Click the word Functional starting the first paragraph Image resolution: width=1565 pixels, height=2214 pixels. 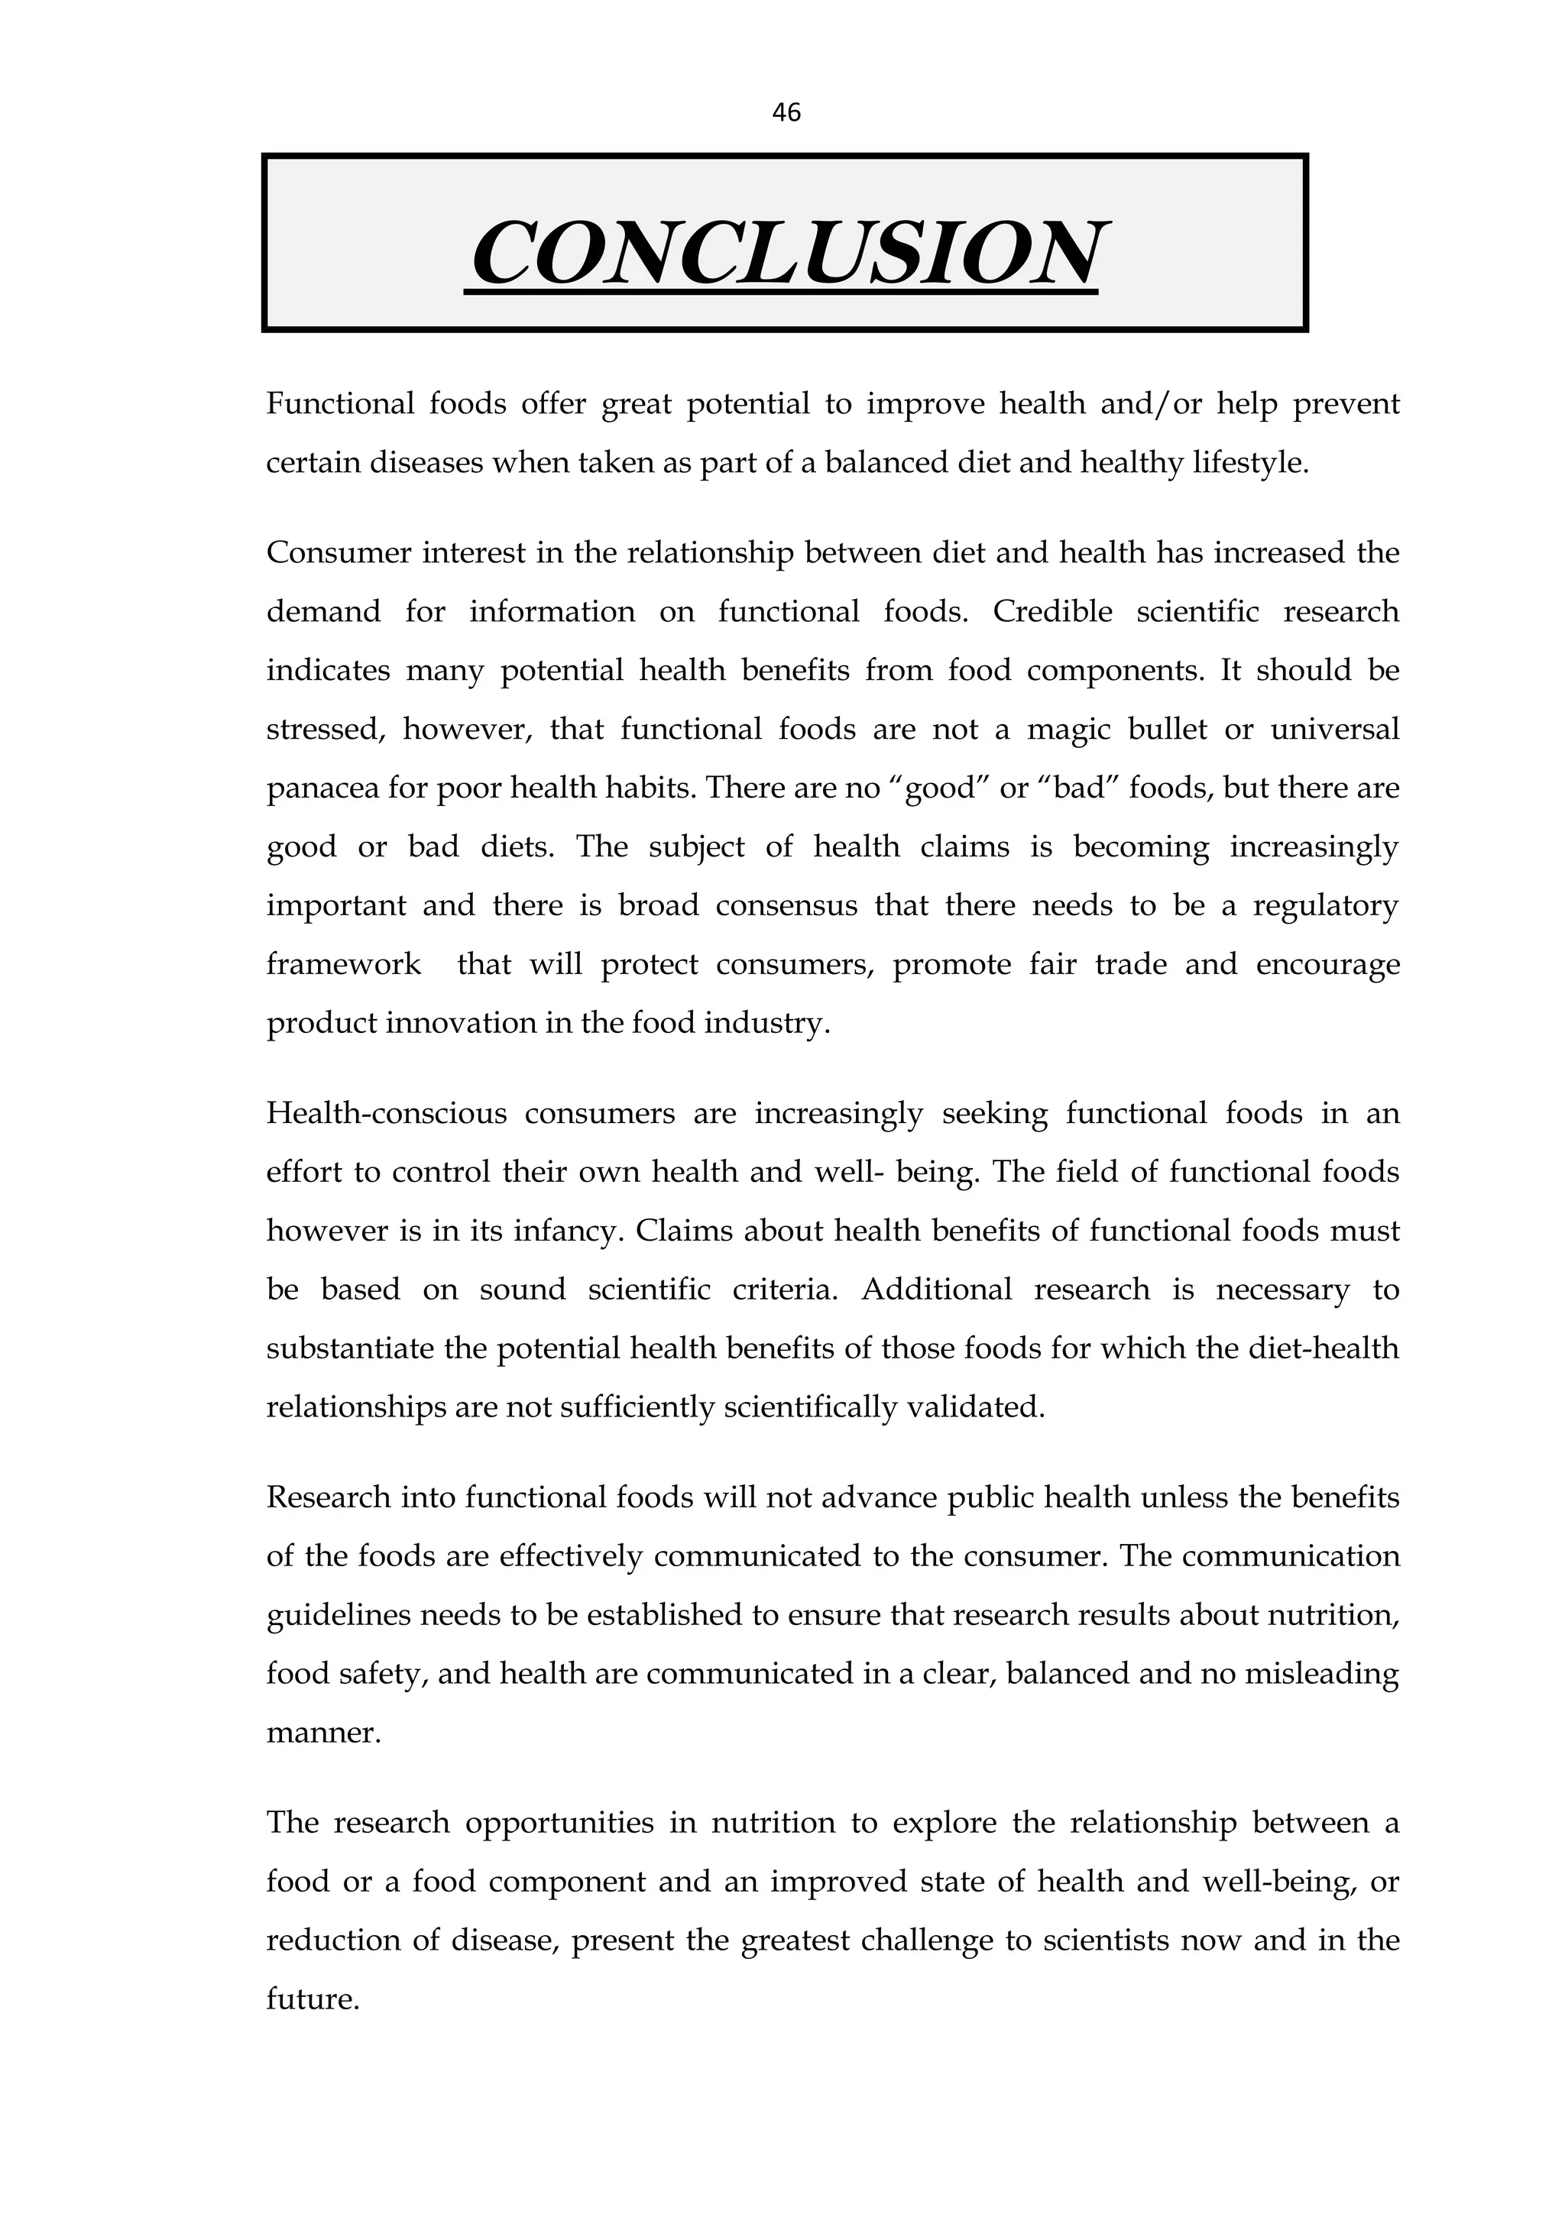pos(339,403)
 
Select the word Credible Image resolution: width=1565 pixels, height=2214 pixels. pos(1052,611)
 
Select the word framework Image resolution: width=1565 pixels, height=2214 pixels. pos(343,964)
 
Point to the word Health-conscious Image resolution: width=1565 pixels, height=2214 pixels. pos(387,1114)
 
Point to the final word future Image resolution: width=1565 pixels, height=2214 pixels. pos(313,2000)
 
